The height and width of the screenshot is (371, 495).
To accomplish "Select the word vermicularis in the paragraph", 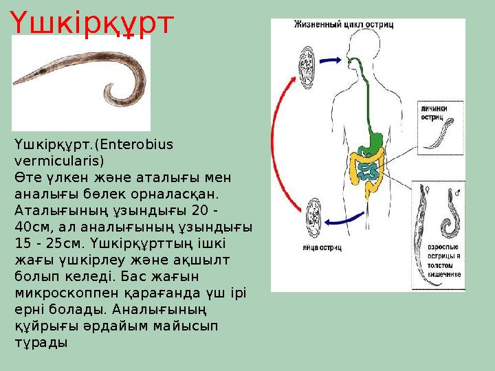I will click(57, 161).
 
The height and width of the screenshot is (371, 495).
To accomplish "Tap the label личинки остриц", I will click(437, 112).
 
